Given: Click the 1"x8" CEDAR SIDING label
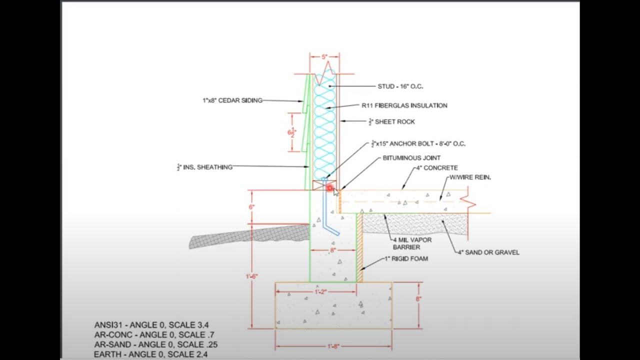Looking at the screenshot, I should (x=232, y=100).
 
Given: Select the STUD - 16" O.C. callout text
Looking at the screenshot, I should (x=400, y=86).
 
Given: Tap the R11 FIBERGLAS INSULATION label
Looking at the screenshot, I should (x=404, y=105).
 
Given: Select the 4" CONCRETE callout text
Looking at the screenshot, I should (x=436, y=168).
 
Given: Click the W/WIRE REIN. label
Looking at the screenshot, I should (x=470, y=177).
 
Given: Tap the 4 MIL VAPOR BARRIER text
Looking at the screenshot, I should (x=412, y=243).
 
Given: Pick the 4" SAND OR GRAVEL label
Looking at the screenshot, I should (x=488, y=252).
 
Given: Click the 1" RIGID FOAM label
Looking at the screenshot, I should (x=406, y=259).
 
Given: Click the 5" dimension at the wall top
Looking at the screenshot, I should (x=324, y=57).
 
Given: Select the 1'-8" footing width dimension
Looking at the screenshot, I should (x=333, y=346).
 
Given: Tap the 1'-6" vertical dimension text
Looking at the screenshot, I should (x=251, y=276).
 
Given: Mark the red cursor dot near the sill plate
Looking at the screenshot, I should (x=330, y=188).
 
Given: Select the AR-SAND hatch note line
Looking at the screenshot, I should (x=155, y=344).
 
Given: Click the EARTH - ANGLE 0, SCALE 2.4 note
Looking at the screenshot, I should (x=150, y=354).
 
